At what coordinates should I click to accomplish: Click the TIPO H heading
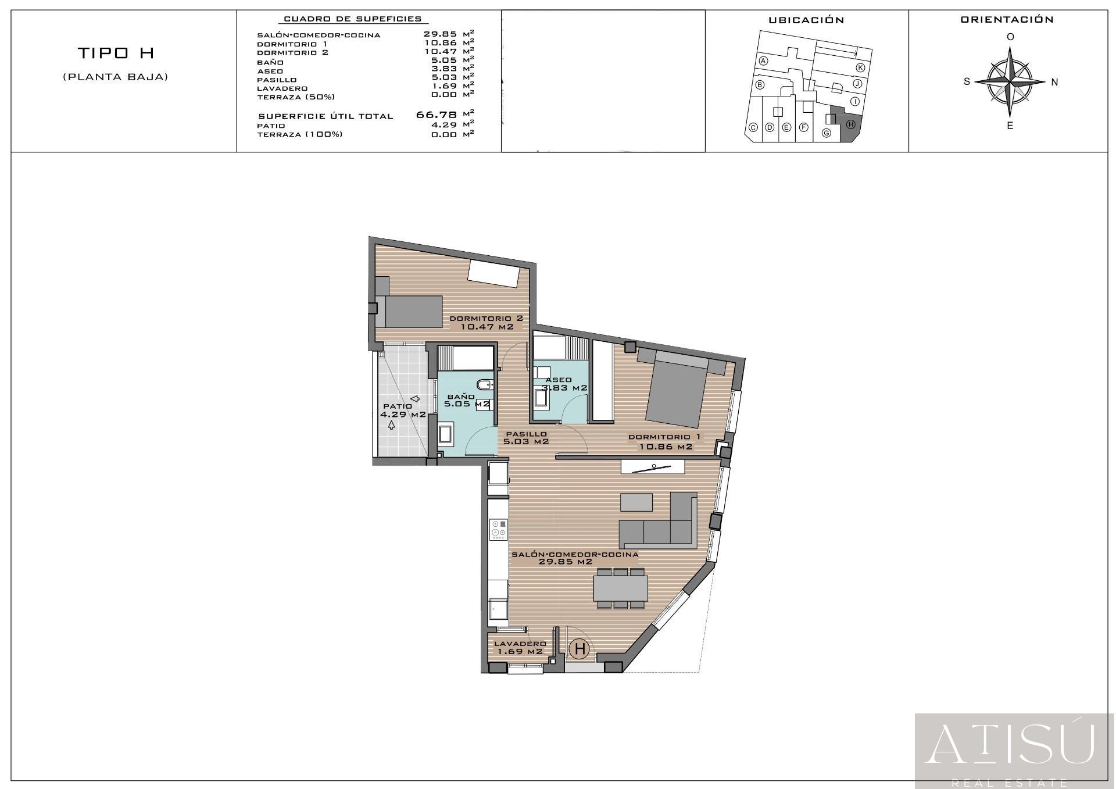[x=116, y=53]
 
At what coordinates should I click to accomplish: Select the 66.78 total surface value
[x=437, y=115]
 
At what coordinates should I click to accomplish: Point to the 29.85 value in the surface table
[x=440, y=34]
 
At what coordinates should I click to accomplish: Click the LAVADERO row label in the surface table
[x=282, y=88]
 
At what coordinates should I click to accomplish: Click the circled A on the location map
[x=764, y=61]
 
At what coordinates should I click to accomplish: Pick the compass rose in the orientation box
[x=1010, y=81]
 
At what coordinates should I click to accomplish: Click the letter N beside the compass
[x=1054, y=82]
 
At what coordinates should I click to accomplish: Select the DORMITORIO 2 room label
[x=487, y=322]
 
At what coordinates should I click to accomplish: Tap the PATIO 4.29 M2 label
[x=402, y=410]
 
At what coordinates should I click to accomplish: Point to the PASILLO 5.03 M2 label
[x=526, y=437]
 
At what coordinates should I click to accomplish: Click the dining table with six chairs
[x=620, y=588]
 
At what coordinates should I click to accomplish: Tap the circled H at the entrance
[x=580, y=648]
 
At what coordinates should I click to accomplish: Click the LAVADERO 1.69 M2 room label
[x=520, y=647]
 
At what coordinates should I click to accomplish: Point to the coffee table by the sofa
[x=636, y=501]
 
